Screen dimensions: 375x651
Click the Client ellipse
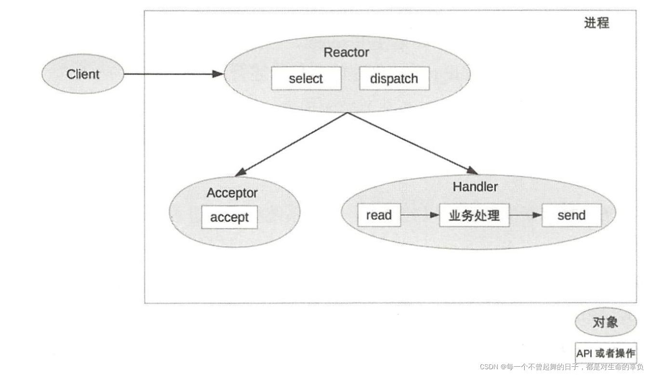click(x=82, y=74)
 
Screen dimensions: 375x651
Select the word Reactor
click(x=346, y=52)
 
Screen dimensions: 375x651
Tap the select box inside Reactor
click(x=306, y=78)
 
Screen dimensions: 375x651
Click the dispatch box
click(x=394, y=78)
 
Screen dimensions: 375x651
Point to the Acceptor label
click(x=232, y=193)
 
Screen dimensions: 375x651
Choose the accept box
click(x=229, y=217)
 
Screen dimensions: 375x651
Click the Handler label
click(x=475, y=186)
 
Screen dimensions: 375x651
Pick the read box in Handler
click(x=379, y=215)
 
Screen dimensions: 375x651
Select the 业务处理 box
click(x=474, y=215)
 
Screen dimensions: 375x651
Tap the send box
click(x=571, y=215)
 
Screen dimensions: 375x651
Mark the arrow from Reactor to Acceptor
click(x=291, y=144)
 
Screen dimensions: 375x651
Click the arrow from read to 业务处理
click(x=420, y=215)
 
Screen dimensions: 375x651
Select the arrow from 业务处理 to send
click(x=526, y=215)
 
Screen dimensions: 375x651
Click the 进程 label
click(x=597, y=23)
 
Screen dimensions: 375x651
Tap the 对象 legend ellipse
click(x=605, y=322)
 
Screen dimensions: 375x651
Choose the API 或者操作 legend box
click(x=606, y=353)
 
